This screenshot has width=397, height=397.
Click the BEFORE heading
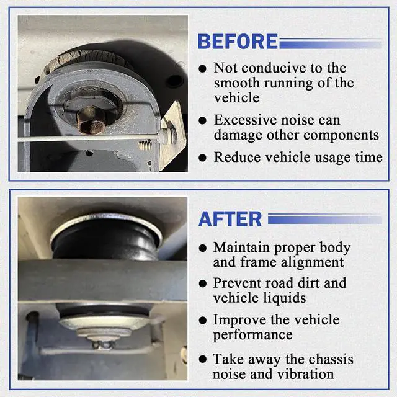238,42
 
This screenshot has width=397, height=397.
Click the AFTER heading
230,219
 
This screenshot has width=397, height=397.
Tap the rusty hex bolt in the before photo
91,120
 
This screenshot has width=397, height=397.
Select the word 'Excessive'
246,120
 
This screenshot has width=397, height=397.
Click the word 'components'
341,136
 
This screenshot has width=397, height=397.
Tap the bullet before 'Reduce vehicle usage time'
203,158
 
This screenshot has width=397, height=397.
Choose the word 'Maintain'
241,247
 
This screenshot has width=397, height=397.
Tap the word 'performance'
252,335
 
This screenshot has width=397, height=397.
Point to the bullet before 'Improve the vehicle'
203,321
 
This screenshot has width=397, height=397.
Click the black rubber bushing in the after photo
106,241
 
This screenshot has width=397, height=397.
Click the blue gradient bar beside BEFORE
331,43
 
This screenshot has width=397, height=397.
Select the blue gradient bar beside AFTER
325,219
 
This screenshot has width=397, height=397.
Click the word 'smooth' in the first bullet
236,83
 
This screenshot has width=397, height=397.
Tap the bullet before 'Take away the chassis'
203,359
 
